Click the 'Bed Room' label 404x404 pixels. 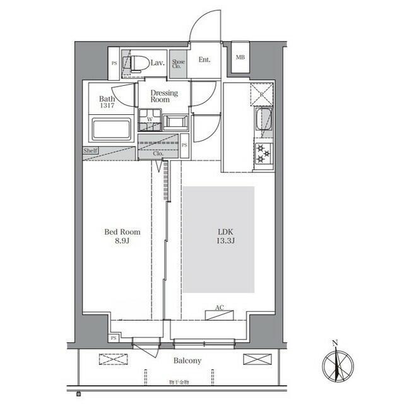tap(122, 232)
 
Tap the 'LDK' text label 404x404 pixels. tap(225, 232)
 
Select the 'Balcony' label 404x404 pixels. tap(187, 361)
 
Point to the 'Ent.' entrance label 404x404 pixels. tap(205, 61)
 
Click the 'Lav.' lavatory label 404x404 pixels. tap(158, 62)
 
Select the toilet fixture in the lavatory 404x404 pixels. tap(138, 63)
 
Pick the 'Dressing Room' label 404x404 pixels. tap(163, 96)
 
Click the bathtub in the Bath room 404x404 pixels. tap(111, 129)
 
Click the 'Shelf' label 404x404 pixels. tap(90, 151)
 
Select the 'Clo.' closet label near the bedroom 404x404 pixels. tap(158, 153)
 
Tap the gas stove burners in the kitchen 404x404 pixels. tap(262, 153)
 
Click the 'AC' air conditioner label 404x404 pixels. tap(220, 308)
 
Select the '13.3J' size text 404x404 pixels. tap(225, 241)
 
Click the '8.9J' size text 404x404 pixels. tap(122, 241)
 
